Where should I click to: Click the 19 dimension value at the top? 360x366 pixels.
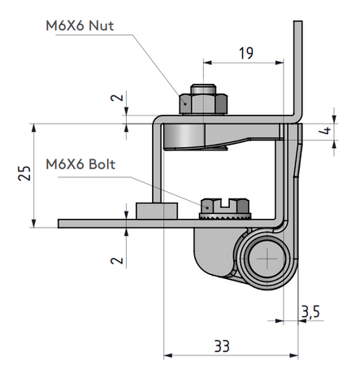pos(245,54)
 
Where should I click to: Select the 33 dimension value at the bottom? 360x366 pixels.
pos(220,345)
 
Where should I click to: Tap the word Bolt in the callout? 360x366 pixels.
pos(100,163)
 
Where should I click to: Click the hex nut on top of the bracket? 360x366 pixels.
pos(203,103)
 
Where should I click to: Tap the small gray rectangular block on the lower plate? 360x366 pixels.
pos(157,211)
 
